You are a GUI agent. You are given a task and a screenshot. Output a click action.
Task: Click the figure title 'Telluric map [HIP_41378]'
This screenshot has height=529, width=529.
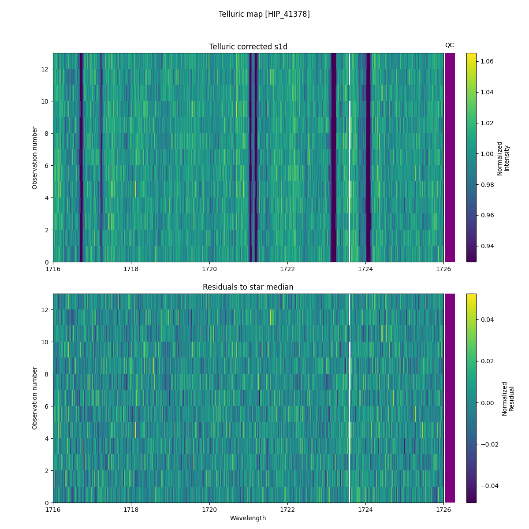click(x=264, y=14)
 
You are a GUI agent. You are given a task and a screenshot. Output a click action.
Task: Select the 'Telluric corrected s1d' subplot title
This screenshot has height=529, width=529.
click(x=248, y=47)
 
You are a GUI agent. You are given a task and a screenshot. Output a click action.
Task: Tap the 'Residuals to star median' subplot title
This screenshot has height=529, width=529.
click(x=248, y=287)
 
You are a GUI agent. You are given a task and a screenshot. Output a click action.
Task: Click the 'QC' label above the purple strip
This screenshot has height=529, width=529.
click(x=449, y=45)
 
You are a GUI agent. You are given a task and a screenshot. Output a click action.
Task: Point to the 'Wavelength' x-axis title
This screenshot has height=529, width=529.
click(x=248, y=518)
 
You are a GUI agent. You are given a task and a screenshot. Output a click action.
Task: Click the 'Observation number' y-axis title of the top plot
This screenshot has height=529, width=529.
click(x=35, y=158)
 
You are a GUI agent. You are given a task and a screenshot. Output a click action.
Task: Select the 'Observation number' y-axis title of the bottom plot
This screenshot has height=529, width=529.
click(x=35, y=398)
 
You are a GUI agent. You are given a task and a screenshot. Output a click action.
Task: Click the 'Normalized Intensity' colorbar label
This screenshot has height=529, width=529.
click(x=503, y=158)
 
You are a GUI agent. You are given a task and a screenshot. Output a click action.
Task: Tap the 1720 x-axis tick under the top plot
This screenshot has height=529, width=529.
click(x=209, y=269)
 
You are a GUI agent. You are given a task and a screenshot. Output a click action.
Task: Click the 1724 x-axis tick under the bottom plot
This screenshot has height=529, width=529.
click(x=365, y=510)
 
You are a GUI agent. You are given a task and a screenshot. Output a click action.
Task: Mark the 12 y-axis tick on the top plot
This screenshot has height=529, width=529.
click(x=45, y=69)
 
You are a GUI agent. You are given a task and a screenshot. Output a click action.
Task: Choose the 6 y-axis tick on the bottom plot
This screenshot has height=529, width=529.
click(x=47, y=406)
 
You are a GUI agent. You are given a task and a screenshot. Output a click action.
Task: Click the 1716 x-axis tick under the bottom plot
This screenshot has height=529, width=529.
click(x=53, y=510)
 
